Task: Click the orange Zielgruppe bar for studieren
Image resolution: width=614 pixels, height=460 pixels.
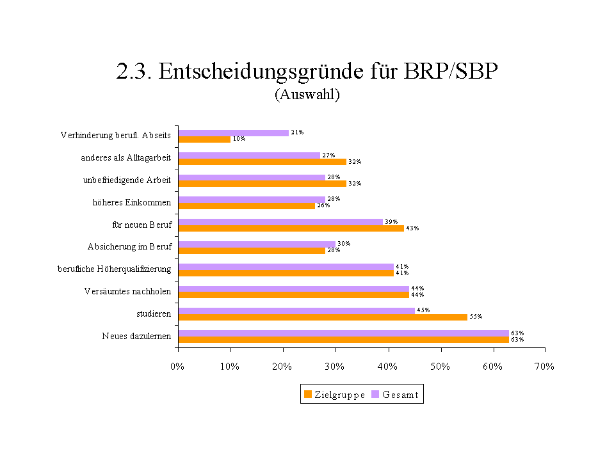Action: pos(323,317)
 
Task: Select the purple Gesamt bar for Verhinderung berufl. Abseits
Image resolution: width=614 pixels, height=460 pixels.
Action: pos(234,132)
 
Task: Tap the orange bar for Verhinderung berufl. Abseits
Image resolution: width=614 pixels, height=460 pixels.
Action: pos(204,139)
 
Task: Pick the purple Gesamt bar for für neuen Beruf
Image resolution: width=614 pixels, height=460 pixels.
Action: pos(280,221)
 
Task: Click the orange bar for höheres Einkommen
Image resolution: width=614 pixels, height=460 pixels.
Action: pos(246,205)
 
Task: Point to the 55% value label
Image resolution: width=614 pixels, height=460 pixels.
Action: pos(476,317)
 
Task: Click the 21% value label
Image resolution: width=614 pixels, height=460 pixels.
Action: pos(297,132)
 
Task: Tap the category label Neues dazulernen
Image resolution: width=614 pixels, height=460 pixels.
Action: pos(136,336)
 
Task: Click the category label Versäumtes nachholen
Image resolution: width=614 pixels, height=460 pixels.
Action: pos(127,292)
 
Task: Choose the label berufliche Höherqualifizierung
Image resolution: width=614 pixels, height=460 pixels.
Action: pos(115,269)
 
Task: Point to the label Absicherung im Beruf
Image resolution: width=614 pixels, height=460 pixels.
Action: pos(129,246)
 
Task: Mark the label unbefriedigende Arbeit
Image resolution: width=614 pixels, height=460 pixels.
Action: pos(127,180)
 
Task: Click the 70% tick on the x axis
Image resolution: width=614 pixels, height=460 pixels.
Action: pos(545,367)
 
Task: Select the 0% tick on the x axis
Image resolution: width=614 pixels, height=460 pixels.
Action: pos(178,367)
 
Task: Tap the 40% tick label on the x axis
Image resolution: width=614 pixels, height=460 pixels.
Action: pos(387,367)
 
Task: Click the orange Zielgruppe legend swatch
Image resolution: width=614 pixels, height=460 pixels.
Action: pos(308,395)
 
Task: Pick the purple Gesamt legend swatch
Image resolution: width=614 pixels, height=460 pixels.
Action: pos(376,395)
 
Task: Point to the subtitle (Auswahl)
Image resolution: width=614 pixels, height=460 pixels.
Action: pos(307,95)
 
